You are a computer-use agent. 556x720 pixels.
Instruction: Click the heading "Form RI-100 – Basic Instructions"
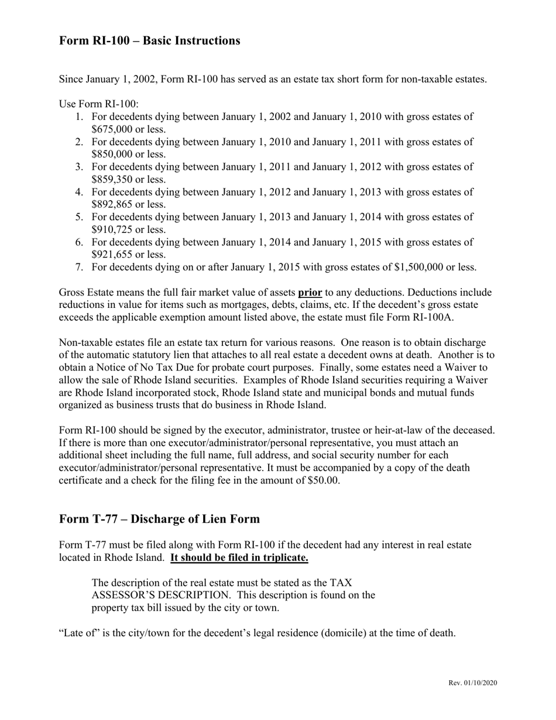(x=149, y=40)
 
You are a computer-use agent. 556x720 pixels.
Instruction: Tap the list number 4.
(x=79, y=192)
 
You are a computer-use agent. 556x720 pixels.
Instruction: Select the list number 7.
(x=79, y=268)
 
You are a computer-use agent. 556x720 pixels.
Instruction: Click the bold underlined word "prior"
(x=310, y=292)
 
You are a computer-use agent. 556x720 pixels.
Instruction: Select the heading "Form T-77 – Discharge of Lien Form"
(x=159, y=519)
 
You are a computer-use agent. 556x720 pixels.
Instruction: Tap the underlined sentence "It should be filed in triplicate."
(x=239, y=557)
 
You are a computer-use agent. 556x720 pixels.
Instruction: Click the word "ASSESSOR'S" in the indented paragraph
(x=131, y=595)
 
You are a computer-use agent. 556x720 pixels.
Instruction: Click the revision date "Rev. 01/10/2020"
(x=473, y=683)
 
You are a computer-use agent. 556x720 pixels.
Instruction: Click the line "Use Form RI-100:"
(x=99, y=104)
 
